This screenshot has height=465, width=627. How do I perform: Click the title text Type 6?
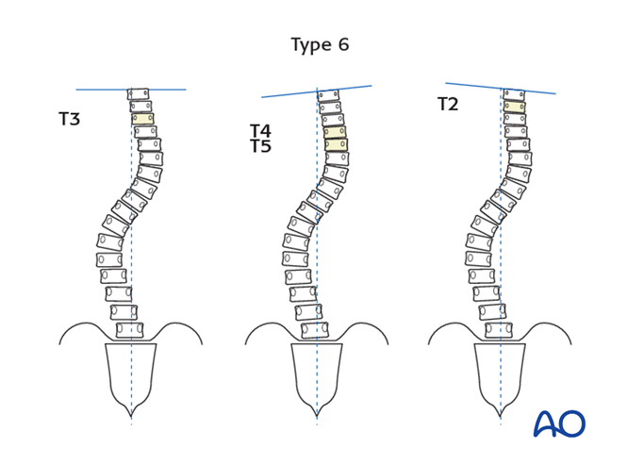pyautogui.click(x=320, y=45)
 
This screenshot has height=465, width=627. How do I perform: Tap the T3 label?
pyautogui.click(x=69, y=120)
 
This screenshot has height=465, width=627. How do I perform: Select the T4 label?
pyautogui.click(x=260, y=131)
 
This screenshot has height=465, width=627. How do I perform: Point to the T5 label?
pyautogui.click(x=260, y=147)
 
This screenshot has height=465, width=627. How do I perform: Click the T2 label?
pyautogui.click(x=448, y=105)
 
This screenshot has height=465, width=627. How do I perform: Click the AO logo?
pyautogui.click(x=559, y=423)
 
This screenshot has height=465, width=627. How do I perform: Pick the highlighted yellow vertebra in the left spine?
pyautogui.click(x=142, y=120)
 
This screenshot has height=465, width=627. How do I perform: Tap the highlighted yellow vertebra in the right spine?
pyautogui.click(x=514, y=107)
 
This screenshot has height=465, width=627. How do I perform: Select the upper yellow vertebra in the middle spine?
pyautogui.click(x=335, y=133)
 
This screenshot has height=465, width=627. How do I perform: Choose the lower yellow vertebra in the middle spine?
pyautogui.click(x=336, y=145)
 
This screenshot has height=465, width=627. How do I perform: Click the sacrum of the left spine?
pyautogui.click(x=131, y=373)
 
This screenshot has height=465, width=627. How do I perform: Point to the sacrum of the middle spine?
pyautogui.click(x=317, y=373)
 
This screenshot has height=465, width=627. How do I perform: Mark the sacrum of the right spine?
pyautogui.click(x=500, y=373)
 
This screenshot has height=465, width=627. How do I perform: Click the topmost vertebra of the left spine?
pyautogui.click(x=139, y=94)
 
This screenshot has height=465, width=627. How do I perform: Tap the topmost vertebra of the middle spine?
pyautogui.click(x=328, y=95)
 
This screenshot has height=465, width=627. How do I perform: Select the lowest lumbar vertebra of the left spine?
pyautogui.click(x=130, y=330)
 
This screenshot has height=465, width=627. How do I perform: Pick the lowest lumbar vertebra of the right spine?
pyautogui.click(x=499, y=330)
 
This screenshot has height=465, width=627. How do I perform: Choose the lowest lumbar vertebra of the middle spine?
pyautogui.click(x=316, y=330)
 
